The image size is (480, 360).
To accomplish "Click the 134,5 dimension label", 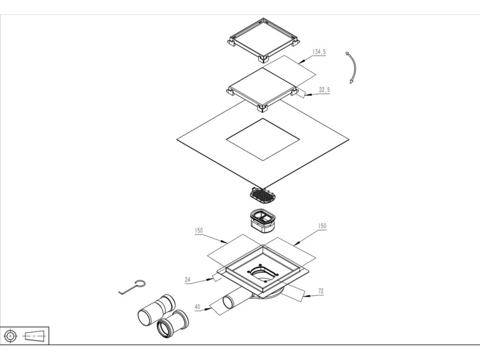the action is point(320,52).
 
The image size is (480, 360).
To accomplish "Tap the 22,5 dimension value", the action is point(325,90).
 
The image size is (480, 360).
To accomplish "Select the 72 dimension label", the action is point(321,291).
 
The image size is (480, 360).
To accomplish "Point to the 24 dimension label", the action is point(188,280).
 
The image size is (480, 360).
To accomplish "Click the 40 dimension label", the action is point(198,307).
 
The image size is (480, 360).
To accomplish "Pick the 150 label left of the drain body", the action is point(199,230).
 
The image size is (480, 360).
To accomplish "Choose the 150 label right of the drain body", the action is point(322,226).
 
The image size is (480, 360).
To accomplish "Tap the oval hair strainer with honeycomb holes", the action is point(261,195).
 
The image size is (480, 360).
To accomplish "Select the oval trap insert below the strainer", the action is point(262,220).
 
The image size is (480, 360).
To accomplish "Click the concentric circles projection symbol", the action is point(11,336).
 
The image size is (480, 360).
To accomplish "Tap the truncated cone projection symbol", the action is point(35,336).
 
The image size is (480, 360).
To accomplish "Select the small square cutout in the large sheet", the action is point(263,139).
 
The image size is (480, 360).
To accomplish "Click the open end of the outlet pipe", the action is point(228,302).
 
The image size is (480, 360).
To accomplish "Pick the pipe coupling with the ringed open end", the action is point(173,324).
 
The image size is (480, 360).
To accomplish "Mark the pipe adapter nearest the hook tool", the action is point(157,310).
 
